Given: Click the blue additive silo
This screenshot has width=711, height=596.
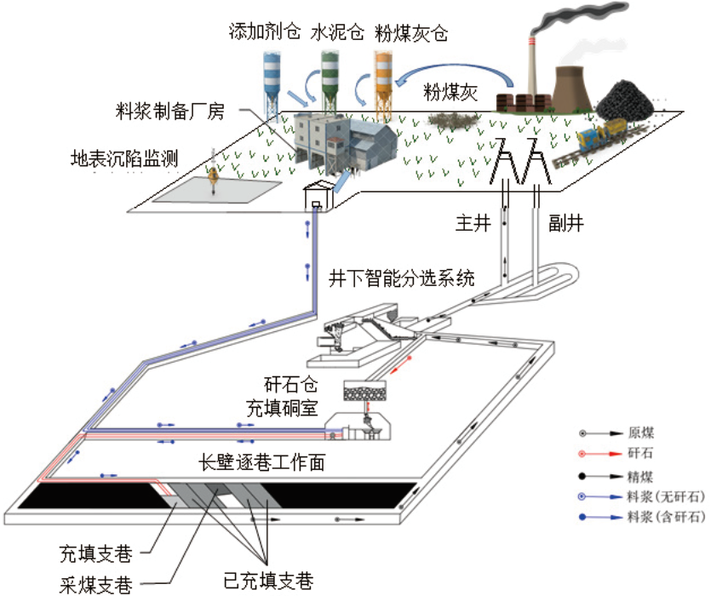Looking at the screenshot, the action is pyautogui.click(x=272, y=86).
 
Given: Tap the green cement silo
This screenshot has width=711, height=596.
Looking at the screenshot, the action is pyautogui.click(x=330, y=82).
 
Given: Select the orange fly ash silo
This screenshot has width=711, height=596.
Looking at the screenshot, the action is pyautogui.click(x=383, y=86).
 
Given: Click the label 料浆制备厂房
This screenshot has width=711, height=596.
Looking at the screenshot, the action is pyautogui.click(x=170, y=112).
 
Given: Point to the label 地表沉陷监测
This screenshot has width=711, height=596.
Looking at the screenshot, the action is pyautogui.click(x=123, y=158).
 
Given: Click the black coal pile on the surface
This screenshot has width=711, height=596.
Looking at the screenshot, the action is pyautogui.click(x=625, y=100).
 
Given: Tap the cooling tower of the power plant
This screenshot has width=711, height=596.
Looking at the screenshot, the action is pyautogui.click(x=573, y=89).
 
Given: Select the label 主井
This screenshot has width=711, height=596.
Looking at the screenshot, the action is pyautogui.click(x=473, y=223).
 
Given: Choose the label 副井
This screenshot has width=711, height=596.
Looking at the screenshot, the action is pyautogui.click(x=566, y=223).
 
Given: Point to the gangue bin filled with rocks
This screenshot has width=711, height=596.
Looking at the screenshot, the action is pyautogui.click(x=365, y=391).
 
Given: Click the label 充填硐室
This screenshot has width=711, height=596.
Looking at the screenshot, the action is pyautogui.click(x=282, y=408).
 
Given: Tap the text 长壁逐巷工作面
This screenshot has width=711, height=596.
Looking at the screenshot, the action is pyautogui.click(x=261, y=462).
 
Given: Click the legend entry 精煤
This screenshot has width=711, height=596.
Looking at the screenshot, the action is pyautogui.click(x=640, y=476).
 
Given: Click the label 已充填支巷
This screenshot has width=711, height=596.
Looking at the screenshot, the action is pyautogui.click(x=268, y=581).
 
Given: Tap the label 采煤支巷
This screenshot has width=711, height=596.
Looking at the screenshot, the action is pyautogui.click(x=96, y=585).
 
